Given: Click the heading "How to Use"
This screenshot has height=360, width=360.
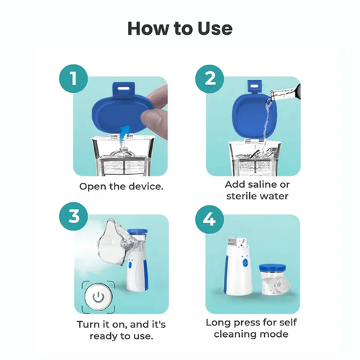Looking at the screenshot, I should click(180, 28).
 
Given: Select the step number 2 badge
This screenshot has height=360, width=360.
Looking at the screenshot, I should click(210, 78).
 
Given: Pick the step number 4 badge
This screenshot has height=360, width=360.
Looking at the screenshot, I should click(210, 217).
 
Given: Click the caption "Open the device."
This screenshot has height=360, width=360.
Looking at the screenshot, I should click(122, 185).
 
